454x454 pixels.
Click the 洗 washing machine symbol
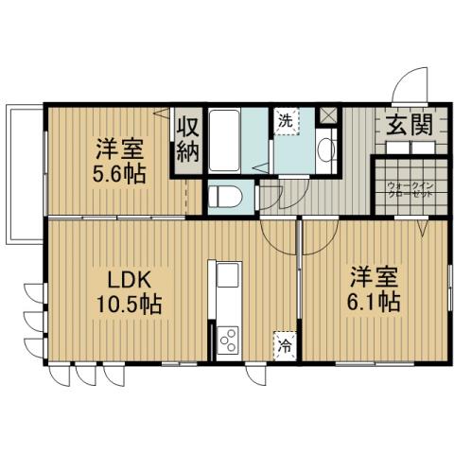coord(285,120)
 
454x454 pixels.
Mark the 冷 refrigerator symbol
coord(283,344)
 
